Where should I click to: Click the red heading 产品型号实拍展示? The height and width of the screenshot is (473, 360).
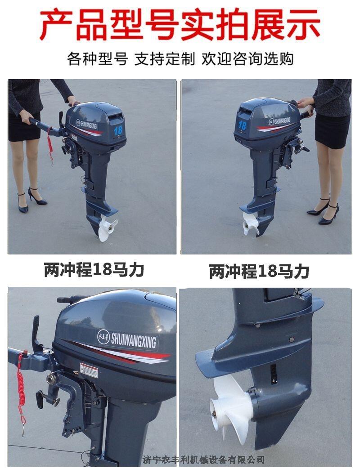click(x=180, y=25)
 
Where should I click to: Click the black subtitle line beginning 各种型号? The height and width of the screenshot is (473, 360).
click(x=180, y=58)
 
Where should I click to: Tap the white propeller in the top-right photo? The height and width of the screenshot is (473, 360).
click(x=250, y=222)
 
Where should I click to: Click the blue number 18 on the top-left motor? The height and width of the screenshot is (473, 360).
click(x=118, y=130)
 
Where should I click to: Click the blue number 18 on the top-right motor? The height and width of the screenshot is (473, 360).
click(x=242, y=125)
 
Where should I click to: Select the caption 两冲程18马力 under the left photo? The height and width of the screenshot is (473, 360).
click(x=94, y=270)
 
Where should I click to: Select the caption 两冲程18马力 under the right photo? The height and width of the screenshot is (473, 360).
click(x=259, y=271)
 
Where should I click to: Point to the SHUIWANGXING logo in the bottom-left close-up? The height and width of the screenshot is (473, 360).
click(x=127, y=339)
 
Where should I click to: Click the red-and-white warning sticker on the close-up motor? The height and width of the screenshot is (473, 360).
click(x=89, y=370)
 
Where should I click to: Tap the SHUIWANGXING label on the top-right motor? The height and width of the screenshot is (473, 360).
click(x=279, y=121)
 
